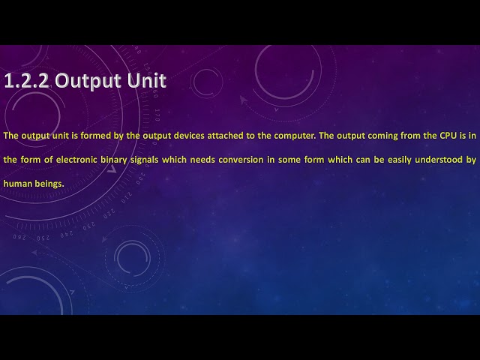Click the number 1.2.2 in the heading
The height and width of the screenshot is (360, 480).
(x=26, y=81)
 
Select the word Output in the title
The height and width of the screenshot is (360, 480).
(x=88, y=82)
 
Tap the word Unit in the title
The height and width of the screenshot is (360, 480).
(x=147, y=80)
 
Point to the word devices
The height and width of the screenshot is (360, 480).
(x=189, y=136)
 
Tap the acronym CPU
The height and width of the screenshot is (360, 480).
(x=448, y=136)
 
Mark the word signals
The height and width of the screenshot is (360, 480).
(x=145, y=160)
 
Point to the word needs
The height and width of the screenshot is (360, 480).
(x=202, y=160)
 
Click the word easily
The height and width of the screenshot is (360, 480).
(x=400, y=160)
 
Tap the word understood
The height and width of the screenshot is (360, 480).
(x=439, y=160)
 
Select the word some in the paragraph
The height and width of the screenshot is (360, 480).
(x=289, y=160)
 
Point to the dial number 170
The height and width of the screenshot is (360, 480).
(x=157, y=115)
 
